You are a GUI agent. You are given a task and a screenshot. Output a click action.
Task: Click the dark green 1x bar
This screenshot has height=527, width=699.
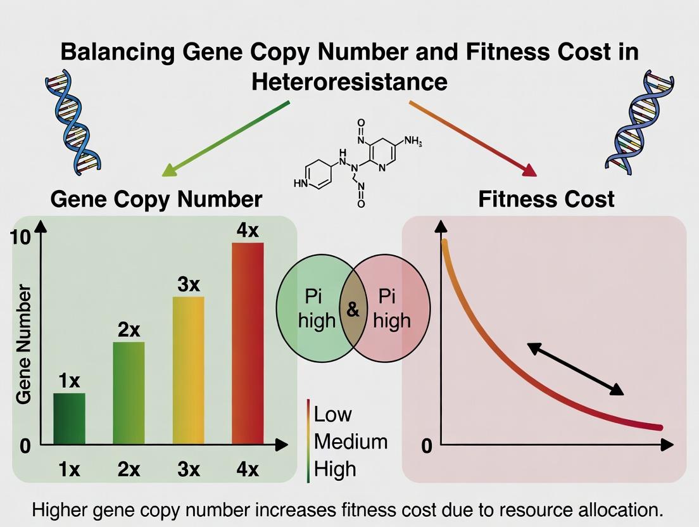[x=69, y=419]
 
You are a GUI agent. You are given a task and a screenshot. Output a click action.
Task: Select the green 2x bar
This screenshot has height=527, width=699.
[x=129, y=393]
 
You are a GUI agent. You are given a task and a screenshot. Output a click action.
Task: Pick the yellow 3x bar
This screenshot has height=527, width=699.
[x=189, y=370]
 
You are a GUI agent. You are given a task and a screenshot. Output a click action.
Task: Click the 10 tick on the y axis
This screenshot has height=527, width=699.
[x=20, y=238]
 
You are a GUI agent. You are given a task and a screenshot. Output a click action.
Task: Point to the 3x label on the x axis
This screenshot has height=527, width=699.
[x=188, y=469]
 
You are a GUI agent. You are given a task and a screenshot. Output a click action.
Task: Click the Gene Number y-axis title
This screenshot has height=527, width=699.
[x=24, y=344]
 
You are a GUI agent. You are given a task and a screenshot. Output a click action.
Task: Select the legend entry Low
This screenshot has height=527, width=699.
[x=332, y=414]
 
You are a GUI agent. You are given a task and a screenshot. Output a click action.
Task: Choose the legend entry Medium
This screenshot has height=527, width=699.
[x=350, y=441]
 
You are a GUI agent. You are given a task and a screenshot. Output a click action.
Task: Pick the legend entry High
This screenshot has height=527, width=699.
[x=335, y=469]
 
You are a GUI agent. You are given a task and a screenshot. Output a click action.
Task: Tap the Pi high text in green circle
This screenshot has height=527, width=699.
[x=317, y=309]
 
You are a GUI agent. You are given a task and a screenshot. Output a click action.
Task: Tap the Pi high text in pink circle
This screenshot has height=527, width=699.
[x=391, y=309]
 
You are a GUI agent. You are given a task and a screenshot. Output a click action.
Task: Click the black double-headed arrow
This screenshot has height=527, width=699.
[x=575, y=369]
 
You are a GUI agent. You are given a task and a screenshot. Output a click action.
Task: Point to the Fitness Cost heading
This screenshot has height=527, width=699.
[x=546, y=199]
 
